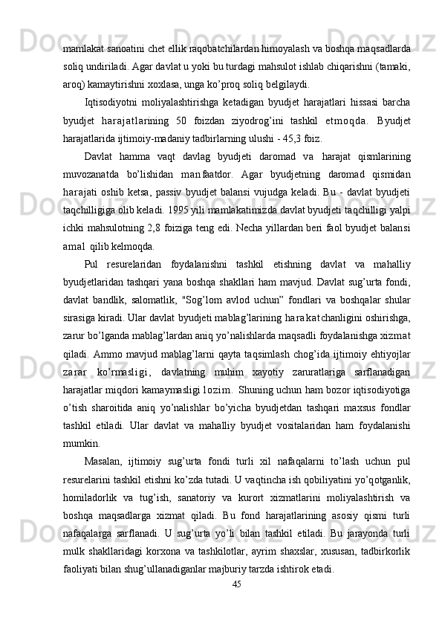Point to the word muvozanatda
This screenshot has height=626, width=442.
tap(90, 196)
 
